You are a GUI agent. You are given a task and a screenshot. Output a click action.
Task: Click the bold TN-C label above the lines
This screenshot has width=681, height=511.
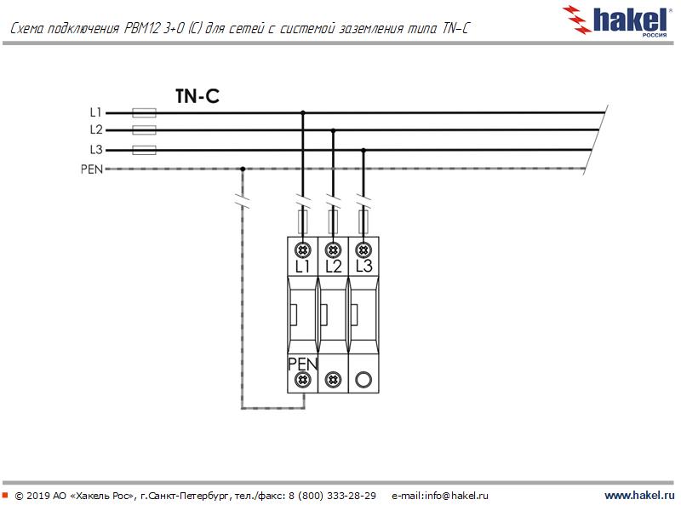[197, 96]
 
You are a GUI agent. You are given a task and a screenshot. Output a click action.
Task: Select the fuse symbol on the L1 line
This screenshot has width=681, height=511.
[144, 113]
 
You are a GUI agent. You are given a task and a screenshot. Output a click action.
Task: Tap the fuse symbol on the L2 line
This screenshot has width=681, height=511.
[144, 130]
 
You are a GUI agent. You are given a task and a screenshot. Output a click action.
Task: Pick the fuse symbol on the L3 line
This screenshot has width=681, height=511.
[144, 151]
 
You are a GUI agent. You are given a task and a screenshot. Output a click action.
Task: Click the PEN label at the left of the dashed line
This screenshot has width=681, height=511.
[92, 169]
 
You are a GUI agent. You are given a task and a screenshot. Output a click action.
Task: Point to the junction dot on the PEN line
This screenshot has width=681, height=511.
[243, 169]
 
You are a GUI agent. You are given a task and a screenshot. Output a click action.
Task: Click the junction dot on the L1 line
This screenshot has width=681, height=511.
[303, 113]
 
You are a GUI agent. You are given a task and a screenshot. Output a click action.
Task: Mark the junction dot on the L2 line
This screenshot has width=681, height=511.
[333, 130]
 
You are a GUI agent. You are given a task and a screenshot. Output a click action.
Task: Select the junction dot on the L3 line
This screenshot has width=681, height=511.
[363, 151]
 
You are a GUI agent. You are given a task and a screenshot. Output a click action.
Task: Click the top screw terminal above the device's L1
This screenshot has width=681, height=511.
[303, 250]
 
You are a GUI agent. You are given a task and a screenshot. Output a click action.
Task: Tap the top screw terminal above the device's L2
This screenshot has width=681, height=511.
[333, 250]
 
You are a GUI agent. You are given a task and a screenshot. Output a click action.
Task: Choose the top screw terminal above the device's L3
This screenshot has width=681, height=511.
[363, 250]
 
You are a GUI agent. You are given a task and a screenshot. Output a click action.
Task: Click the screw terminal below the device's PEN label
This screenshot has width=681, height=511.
[303, 380]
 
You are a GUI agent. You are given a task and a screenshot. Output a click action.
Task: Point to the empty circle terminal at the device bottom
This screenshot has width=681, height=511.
[363, 380]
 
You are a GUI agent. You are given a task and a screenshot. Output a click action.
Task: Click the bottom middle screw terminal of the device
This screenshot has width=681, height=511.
[333, 380]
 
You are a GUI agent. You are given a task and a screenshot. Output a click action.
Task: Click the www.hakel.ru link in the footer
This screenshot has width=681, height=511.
[639, 495]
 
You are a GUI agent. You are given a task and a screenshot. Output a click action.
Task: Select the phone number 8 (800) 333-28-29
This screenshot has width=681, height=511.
[332, 496]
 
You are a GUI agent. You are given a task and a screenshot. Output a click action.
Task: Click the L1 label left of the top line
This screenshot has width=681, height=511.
[95, 112]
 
